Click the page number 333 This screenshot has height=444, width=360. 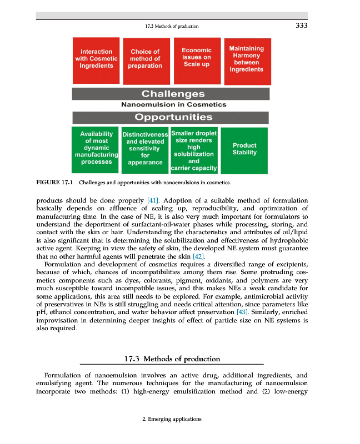[301, 25]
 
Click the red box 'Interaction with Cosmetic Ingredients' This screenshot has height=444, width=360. [97, 59]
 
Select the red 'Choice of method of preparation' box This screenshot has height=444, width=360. [145, 59]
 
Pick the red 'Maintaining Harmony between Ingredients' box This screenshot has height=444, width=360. [247, 59]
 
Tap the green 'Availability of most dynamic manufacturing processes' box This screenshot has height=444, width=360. [97, 148]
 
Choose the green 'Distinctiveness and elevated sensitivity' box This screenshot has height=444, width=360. [145, 149]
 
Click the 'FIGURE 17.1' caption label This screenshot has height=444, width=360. [55, 181]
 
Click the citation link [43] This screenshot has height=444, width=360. [242, 312]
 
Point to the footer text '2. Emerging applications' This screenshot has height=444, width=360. [172, 419]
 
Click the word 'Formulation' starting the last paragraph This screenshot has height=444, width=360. [63, 375]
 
